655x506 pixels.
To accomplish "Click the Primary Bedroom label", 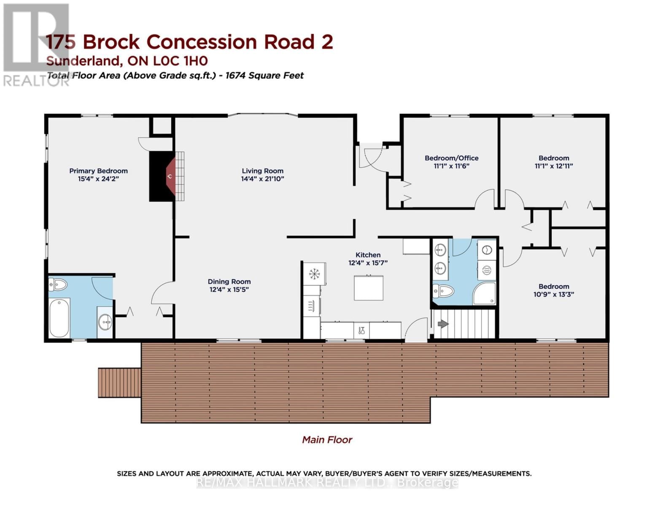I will [98, 171].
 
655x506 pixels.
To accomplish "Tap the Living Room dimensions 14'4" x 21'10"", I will [262, 179].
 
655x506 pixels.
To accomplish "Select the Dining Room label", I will [229, 282].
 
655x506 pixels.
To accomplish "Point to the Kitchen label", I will [368, 255].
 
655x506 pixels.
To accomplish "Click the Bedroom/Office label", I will [451, 158].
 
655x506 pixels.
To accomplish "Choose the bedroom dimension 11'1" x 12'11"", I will [554, 166].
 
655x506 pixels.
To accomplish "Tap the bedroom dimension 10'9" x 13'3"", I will [554, 294].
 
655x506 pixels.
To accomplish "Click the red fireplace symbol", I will [170, 176].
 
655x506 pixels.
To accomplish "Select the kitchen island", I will [368, 288].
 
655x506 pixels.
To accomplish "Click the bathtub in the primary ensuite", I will [59, 318].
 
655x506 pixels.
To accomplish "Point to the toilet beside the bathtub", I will [58, 285].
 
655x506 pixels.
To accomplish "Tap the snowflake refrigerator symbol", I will [314, 274].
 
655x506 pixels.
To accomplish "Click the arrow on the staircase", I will [443, 324].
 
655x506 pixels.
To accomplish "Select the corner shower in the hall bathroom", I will [485, 293].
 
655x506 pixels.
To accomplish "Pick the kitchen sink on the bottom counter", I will [361, 330].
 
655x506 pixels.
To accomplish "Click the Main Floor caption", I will [327, 440].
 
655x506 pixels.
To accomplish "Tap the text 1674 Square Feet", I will [264, 75].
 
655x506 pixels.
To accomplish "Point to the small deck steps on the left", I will [119, 382].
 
